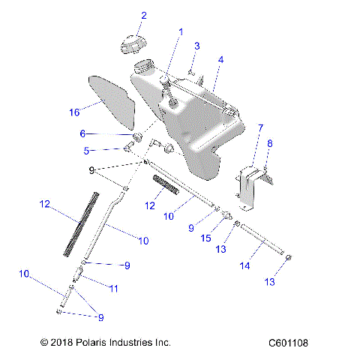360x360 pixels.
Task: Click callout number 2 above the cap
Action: pyautogui.click(x=144, y=16)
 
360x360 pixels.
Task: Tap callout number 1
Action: pyautogui.click(x=180, y=32)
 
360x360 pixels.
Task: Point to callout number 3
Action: pyautogui.click(x=196, y=46)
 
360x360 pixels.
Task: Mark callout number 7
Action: pyautogui.click(x=260, y=128)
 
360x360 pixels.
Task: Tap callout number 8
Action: pyautogui.click(x=271, y=142)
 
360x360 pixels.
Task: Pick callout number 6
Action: pyautogui.click(x=104, y=133)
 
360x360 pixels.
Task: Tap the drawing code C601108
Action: pyautogui.click(x=288, y=343)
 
